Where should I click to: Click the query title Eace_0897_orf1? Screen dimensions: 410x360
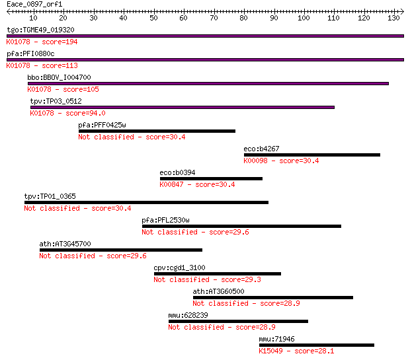coord(34,4)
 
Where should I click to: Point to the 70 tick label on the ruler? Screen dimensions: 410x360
coord(214,18)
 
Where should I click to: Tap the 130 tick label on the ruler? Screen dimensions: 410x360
coord(393,18)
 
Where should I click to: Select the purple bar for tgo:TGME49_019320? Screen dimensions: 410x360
coord(205,36)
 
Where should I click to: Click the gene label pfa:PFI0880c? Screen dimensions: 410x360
coord(30,54)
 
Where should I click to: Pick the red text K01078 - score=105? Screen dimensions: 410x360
coord(63,89)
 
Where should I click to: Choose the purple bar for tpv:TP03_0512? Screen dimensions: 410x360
coord(183,108)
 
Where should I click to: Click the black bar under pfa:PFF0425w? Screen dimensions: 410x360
coord(157,131)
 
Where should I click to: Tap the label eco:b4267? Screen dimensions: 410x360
coord(261,149)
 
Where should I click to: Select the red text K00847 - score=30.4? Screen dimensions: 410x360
coord(197,184)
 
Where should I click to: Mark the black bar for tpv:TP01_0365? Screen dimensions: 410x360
coord(146,203)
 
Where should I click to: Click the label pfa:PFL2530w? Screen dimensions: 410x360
coord(165,220)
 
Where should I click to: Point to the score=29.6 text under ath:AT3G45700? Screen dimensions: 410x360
coord(126,256)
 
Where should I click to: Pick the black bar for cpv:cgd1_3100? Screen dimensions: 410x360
coord(218,273)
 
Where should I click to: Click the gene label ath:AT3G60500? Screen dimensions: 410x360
coord(219,291)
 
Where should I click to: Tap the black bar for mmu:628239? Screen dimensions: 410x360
coord(238,321)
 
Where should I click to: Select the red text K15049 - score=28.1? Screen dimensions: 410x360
coord(296,351)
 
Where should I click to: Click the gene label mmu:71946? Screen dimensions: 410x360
coord(276,339)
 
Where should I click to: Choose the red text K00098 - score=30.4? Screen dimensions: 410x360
coord(281,161)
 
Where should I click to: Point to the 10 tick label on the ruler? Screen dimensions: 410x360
coord(33,18)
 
